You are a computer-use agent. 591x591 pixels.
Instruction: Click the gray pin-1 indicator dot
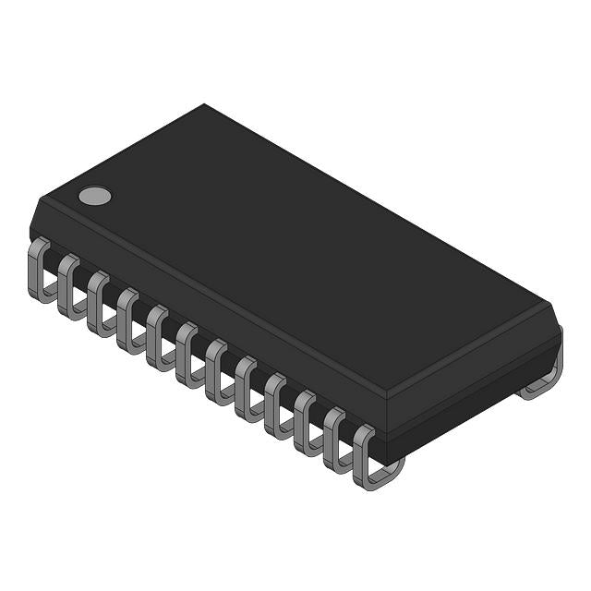coord(94,195)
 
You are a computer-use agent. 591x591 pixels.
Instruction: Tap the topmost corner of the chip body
coord(203,104)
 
